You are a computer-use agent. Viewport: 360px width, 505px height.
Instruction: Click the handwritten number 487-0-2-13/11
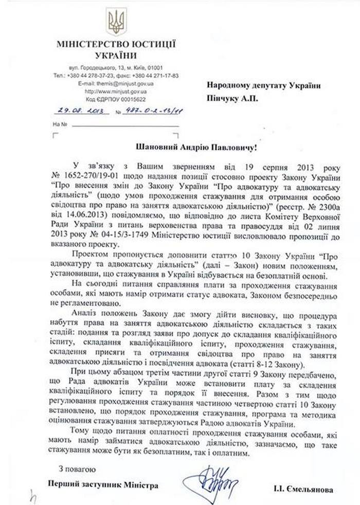[x=151, y=110]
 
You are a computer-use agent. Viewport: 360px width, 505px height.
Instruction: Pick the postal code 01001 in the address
[x=154, y=67]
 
